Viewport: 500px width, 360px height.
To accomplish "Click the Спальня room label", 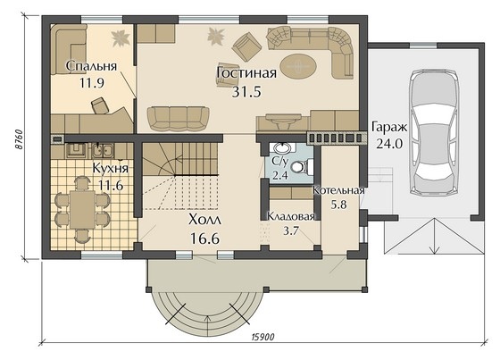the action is [x=91, y=67].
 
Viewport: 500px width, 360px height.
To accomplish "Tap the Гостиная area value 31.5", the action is [x=246, y=92].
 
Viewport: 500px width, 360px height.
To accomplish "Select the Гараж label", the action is [x=389, y=128].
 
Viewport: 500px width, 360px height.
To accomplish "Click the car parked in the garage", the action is [x=434, y=132].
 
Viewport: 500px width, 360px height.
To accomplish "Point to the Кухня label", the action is [x=111, y=168].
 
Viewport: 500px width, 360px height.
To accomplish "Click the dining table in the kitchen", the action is [x=82, y=209].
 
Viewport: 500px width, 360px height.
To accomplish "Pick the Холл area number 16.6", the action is [x=204, y=239].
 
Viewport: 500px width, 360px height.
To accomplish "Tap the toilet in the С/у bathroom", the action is [x=302, y=167].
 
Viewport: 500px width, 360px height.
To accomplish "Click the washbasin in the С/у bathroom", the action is [x=282, y=148].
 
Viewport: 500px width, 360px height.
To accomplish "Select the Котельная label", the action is [x=338, y=190].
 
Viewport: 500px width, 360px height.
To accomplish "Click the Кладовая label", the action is [x=291, y=217].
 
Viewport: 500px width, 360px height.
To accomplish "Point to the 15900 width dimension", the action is [x=262, y=337].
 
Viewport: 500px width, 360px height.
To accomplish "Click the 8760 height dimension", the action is [x=19, y=139].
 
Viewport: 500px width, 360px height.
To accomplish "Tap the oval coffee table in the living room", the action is [x=298, y=67].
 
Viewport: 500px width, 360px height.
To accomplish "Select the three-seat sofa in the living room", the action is [x=179, y=119].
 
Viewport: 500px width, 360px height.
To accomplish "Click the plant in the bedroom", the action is [x=121, y=38].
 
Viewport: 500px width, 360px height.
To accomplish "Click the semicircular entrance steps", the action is [x=207, y=311].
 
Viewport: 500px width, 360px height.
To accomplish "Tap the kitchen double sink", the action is [x=103, y=150].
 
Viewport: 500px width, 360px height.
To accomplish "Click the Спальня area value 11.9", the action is [x=92, y=83].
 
